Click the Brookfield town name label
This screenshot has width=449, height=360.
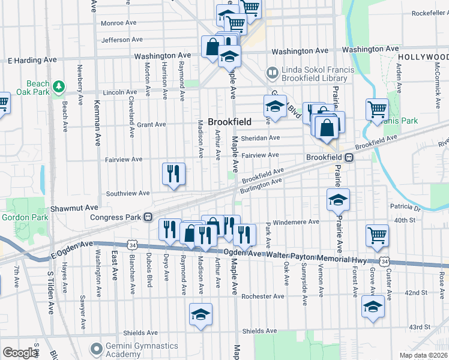tap(229, 122)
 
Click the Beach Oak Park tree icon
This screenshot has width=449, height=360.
tap(58, 88)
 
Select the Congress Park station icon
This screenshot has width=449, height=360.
tap(147, 217)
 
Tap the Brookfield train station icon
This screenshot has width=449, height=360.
tap(349, 157)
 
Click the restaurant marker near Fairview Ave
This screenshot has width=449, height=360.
tap(173, 174)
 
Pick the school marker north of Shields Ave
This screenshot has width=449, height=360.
tap(201, 314)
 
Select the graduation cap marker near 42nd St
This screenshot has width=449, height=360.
tap(373, 307)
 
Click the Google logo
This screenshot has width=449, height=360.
tap(20, 352)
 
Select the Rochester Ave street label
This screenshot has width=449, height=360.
tap(262, 296)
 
